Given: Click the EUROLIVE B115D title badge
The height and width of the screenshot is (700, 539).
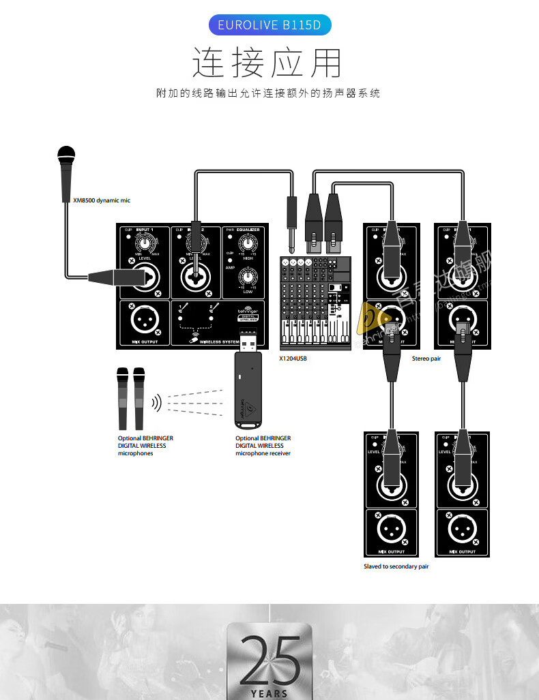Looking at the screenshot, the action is coord(269,25).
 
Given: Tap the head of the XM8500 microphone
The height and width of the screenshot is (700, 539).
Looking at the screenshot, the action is coord(65,155).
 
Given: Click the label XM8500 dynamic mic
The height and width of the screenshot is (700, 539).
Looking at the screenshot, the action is coord(101,200).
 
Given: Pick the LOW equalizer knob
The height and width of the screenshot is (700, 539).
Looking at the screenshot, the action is coord(247,277).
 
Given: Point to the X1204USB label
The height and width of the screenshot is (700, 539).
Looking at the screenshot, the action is coord(293,358).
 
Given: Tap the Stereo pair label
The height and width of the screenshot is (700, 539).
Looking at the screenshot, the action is coord(426,358).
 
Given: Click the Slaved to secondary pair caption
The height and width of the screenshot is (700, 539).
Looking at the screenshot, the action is coord(396,566).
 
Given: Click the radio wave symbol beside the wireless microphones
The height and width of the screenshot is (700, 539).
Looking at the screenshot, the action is coord(156,403).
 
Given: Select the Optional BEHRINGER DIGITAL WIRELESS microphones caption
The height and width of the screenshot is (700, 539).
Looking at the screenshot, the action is coord(145,446).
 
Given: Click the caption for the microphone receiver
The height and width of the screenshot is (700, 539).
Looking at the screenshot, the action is coord(263,446).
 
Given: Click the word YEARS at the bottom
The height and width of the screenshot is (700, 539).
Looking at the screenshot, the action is coord(269,694).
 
